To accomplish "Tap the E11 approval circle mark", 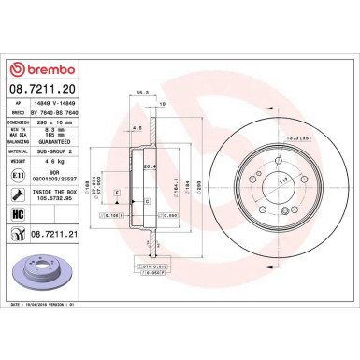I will point(19,173).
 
